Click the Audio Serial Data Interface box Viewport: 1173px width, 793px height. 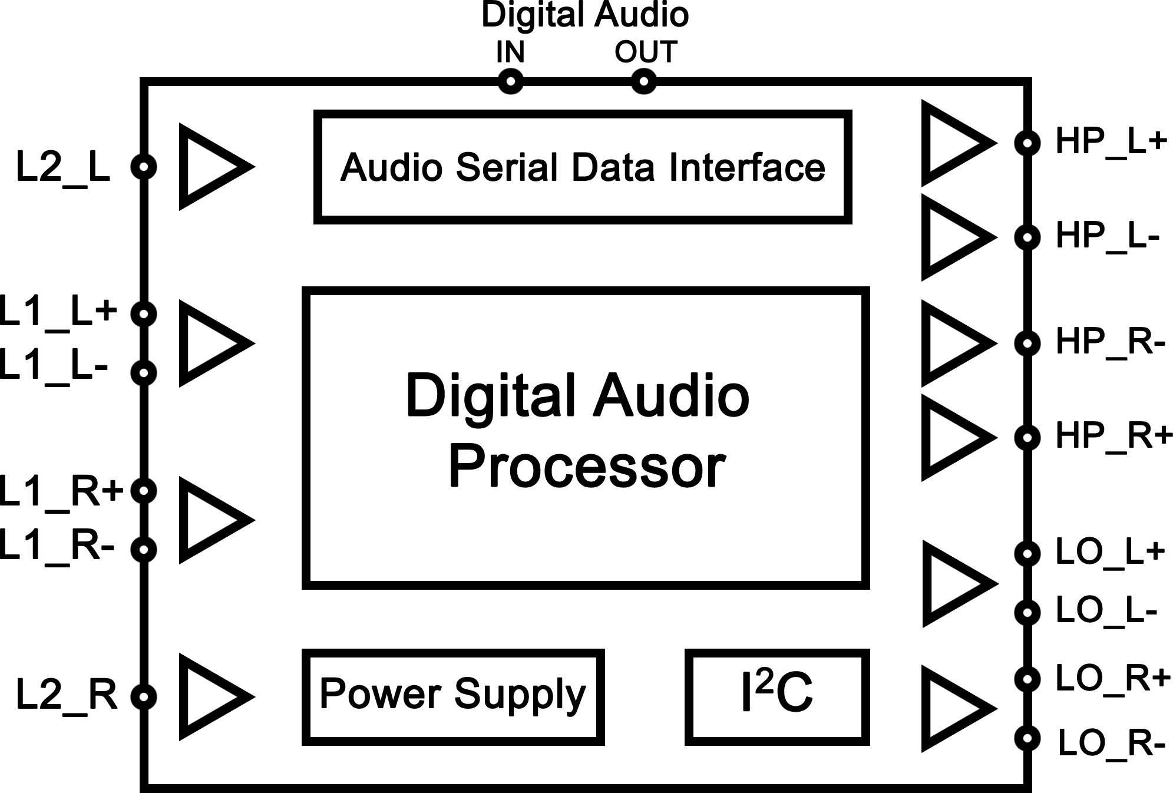click(x=582, y=167)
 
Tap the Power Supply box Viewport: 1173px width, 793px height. click(x=452, y=696)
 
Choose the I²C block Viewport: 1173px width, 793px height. click(x=777, y=696)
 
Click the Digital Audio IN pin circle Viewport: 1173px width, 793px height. click(x=510, y=81)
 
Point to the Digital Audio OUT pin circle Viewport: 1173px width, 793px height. click(x=643, y=81)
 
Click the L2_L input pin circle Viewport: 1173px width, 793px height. click(x=144, y=166)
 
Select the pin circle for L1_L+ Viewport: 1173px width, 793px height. click(x=144, y=313)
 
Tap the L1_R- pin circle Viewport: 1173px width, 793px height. click(x=144, y=549)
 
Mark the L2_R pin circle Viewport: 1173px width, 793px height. click(x=144, y=696)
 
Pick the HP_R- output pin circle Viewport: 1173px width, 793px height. click(x=1027, y=343)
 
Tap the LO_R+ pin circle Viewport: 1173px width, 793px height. click(x=1027, y=679)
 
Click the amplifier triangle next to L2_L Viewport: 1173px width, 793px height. click(x=209, y=167)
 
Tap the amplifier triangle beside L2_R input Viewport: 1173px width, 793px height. click(x=209, y=696)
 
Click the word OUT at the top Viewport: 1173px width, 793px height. click(x=646, y=52)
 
